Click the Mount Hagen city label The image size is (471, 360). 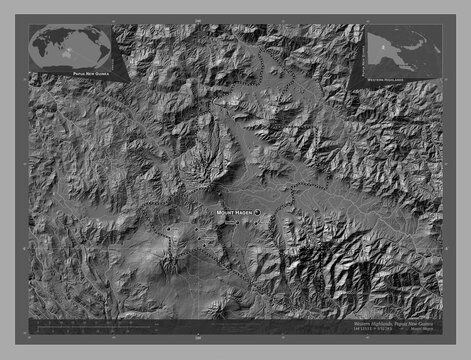pos(234,213)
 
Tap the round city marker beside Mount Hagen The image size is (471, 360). pos(257,213)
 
